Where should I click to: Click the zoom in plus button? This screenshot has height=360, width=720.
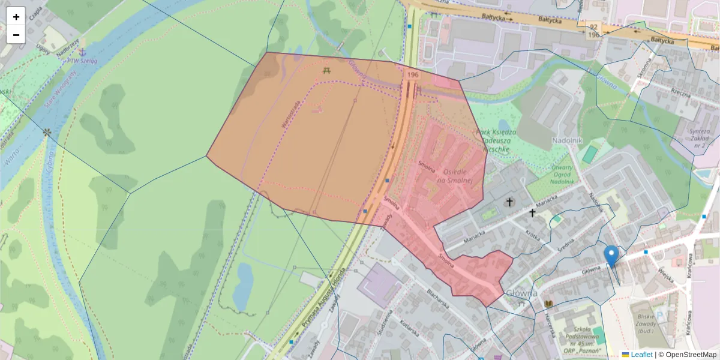[x=16, y=16]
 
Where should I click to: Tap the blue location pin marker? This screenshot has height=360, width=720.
[x=611, y=256]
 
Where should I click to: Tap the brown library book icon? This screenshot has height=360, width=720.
[x=548, y=304]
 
